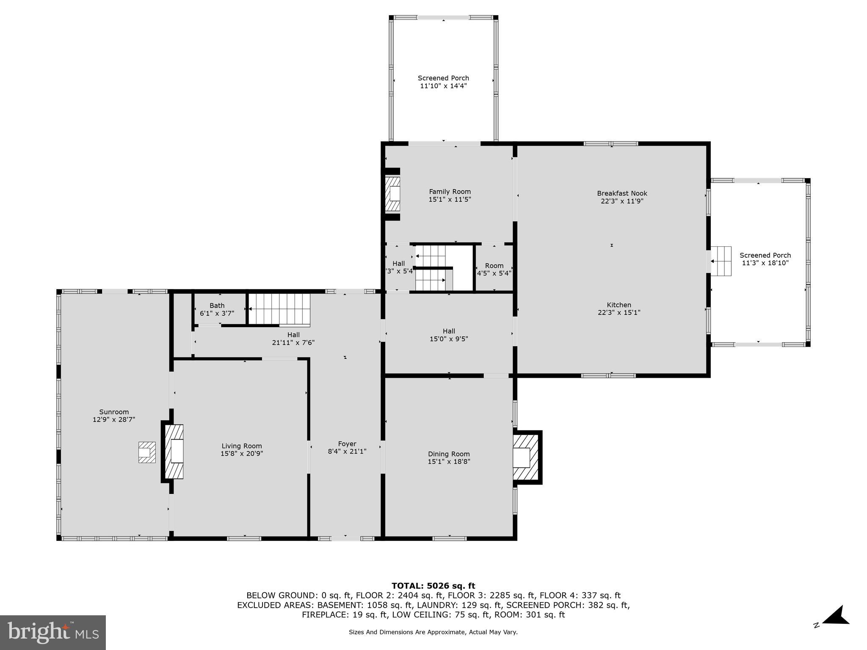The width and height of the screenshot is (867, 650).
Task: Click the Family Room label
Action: tap(450, 192)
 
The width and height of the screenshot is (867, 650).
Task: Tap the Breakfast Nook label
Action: tap(622, 193)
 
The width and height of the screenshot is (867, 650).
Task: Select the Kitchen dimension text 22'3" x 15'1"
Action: tap(619, 313)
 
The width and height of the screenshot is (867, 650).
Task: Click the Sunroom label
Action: tap(114, 412)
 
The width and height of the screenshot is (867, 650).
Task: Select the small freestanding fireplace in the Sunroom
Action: tap(147, 452)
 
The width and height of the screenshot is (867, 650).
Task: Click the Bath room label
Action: tap(217, 306)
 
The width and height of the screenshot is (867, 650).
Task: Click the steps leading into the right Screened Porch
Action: tap(721, 261)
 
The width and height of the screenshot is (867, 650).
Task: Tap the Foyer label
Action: tap(347, 444)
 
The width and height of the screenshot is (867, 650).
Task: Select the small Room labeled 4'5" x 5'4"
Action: tap(494, 269)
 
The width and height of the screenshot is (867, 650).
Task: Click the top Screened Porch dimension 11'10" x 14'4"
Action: tap(443, 86)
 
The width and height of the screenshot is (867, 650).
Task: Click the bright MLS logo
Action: tap(53, 632)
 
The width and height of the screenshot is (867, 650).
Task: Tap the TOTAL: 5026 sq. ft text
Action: tap(433, 586)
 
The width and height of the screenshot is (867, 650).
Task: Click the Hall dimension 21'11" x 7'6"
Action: tap(293, 343)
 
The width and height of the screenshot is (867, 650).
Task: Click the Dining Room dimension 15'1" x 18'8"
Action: tap(449, 462)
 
